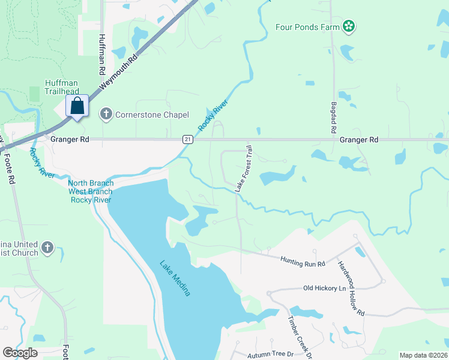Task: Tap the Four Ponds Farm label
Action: pos(307,26)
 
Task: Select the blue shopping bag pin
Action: pos(77,107)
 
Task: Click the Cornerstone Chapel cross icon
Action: pos(106,114)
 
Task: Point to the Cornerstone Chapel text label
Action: pos(152,115)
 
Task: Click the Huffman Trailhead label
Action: pos(62,87)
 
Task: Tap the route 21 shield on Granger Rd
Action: pos(188,139)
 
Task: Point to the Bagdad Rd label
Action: pos(333,117)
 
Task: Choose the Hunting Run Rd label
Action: pos(303,261)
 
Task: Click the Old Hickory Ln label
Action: pos(325,289)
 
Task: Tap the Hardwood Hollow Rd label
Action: pos(351,289)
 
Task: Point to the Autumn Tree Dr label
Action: pos(270,355)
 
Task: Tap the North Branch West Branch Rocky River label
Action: pos(91,191)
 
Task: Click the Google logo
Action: pos(20,353)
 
